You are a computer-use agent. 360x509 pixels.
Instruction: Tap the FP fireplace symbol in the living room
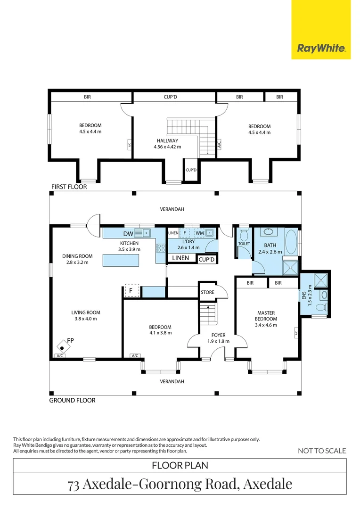[x=63, y=347]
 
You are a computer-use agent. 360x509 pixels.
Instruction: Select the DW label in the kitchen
[x=128, y=233]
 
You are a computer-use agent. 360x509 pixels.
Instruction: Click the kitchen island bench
[x=121, y=260]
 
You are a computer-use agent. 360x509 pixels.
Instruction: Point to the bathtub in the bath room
[x=291, y=242]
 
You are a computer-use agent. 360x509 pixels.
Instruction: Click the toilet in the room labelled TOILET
[x=244, y=234]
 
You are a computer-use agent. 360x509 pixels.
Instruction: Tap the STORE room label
[x=207, y=292]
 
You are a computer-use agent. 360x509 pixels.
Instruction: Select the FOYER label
[x=219, y=335]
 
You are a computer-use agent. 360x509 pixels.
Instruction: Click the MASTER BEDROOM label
[x=266, y=316]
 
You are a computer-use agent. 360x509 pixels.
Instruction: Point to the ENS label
[x=304, y=296]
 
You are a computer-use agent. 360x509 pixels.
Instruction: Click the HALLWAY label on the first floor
[x=167, y=140]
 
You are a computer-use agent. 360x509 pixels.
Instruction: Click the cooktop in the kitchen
[x=161, y=248]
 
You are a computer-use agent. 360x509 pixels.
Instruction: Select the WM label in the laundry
[x=200, y=233]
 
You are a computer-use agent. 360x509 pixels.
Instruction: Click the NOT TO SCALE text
[x=322, y=451]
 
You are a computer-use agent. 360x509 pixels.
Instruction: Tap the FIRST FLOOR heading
[x=69, y=187]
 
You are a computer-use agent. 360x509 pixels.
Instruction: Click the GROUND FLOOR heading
[x=73, y=400]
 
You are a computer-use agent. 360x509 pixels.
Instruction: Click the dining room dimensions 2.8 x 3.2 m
[x=77, y=263]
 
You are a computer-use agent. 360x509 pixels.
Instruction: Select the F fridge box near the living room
[x=131, y=290]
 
